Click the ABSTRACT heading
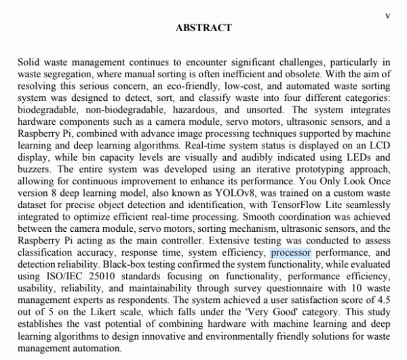click(x=203, y=28)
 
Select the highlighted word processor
click(x=291, y=253)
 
